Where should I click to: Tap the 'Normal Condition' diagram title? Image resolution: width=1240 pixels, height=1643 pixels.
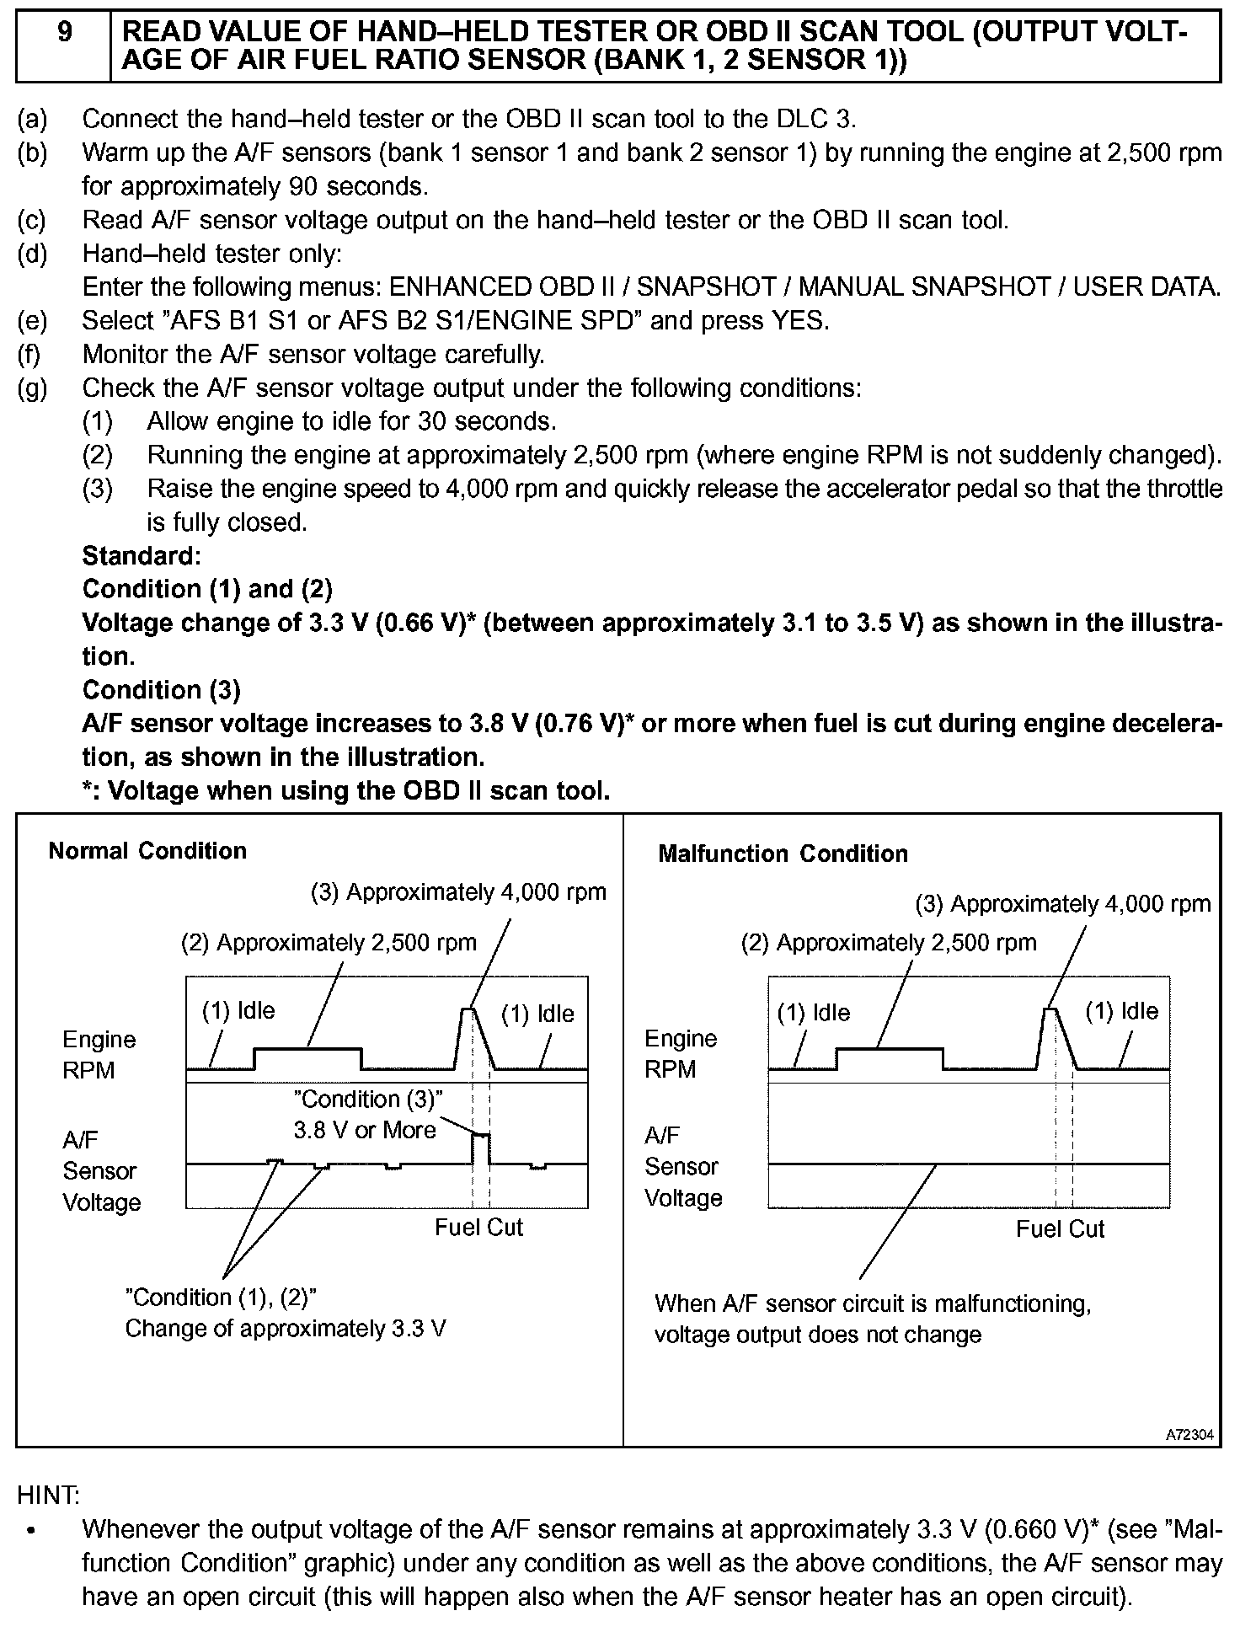[x=147, y=851]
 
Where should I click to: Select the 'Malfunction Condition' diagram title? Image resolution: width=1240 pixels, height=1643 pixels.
[x=783, y=854]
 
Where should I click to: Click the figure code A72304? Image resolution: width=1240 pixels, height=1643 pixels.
[x=1189, y=1435]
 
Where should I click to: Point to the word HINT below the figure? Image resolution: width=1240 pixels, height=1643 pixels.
[x=48, y=1495]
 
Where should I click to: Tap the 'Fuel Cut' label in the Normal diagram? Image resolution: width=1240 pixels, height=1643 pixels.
[x=478, y=1228]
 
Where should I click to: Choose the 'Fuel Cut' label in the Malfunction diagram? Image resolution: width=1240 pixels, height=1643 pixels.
[x=1060, y=1229]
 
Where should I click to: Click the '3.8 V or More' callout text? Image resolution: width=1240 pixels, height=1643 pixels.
[x=365, y=1131]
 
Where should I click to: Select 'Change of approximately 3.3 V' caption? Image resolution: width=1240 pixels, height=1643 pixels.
[x=286, y=1329]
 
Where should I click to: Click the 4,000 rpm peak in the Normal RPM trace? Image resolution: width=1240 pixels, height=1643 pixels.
[x=468, y=1010]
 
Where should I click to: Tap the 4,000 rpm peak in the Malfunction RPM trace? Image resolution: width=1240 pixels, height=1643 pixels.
[x=1050, y=1010]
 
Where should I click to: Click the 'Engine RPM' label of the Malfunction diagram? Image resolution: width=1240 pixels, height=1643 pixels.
[x=681, y=1054]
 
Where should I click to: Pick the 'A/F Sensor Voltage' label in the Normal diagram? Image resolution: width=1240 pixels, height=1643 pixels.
[x=101, y=1171]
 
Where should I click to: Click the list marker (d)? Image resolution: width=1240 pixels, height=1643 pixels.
[x=32, y=254]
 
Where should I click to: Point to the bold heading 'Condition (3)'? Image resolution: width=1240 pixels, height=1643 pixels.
[x=162, y=690]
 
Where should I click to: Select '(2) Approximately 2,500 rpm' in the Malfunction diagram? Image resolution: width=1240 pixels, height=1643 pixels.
[x=889, y=942]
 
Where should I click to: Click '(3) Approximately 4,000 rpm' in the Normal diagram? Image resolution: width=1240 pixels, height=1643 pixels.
[x=459, y=892]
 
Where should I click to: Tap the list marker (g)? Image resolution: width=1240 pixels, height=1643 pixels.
[x=32, y=388]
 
